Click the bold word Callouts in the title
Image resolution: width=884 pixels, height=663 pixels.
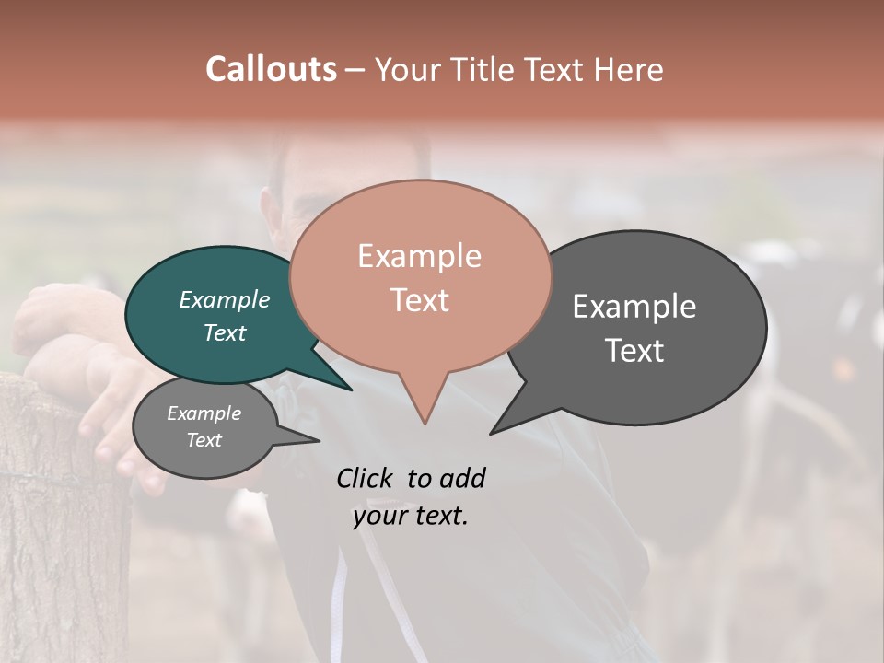(271, 69)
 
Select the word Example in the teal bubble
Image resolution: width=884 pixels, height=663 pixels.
(225, 300)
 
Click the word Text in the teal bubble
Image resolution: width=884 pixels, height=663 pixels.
(225, 332)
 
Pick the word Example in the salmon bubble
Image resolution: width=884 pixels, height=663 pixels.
(419, 256)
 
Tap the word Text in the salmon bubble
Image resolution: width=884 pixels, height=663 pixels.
(419, 300)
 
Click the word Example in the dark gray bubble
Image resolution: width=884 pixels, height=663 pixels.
(634, 307)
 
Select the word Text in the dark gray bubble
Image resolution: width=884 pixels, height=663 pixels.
(634, 351)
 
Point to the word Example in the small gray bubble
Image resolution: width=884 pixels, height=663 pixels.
(204, 413)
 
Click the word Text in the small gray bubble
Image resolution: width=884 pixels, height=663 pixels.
(204, 440)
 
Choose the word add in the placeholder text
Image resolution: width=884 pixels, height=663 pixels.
(462, 478)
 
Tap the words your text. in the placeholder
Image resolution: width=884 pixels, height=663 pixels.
(411, 516)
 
